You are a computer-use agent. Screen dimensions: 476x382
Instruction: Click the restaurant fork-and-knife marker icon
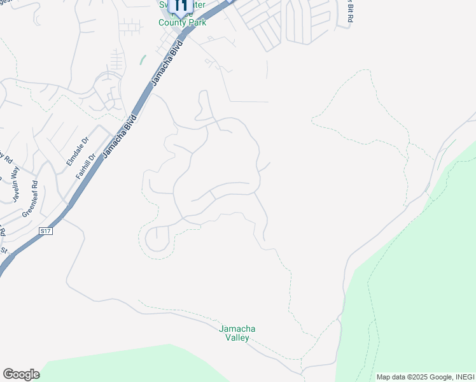pos(180,8)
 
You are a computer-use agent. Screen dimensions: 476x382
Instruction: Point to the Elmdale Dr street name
pos(74,153)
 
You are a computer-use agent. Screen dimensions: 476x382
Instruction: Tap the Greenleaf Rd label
pos(30,199)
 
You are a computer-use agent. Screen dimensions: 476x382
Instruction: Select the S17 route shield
pos(45,230)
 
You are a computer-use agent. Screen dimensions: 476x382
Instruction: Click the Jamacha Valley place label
pos(237,333)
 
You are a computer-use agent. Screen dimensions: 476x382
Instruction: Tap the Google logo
pos(21,374)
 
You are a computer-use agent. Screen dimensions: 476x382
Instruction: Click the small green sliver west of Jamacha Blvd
pos(142,59)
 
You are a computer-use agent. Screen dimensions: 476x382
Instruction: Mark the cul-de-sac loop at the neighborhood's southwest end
pos(155,239)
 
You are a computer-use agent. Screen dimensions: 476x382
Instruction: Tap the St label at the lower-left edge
pos(3,250)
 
